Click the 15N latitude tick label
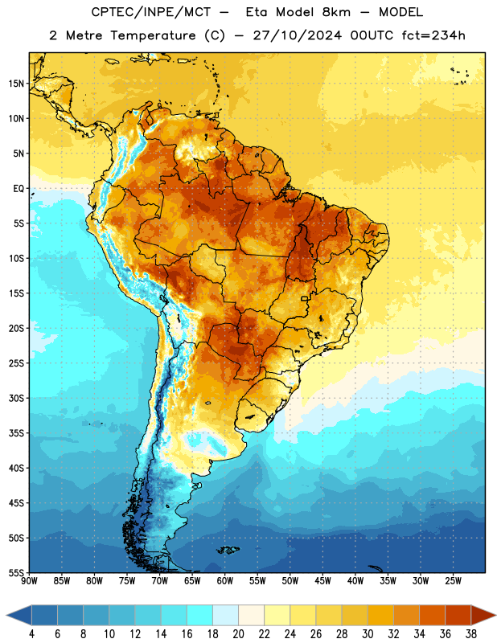[x=16, y=84]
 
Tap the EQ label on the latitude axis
[x=18, y=189]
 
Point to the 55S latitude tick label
[x=16, y=573]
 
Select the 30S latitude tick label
[x=16, y=398]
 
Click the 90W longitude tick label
[x=29, y=581]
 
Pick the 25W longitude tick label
[x=453, y=581]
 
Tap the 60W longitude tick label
[x=225, y=581]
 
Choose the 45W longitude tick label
[x=323, y=581]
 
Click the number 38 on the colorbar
[x=471, y=634]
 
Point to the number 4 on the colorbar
[x=31, y=634]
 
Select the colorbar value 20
[x=238, y=634]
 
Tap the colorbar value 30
[x=368, y=634]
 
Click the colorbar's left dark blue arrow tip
[x=6, y=615]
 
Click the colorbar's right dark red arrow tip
[x=495, y=615]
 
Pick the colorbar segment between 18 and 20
[x=225, y=615]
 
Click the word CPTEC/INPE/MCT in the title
[x=151, y=12]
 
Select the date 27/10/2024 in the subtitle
[x=297, y=35]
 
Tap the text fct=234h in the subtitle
[x=433, y=35]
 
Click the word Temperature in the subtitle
[x=153, y=35]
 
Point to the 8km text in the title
[x=336, y=12]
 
